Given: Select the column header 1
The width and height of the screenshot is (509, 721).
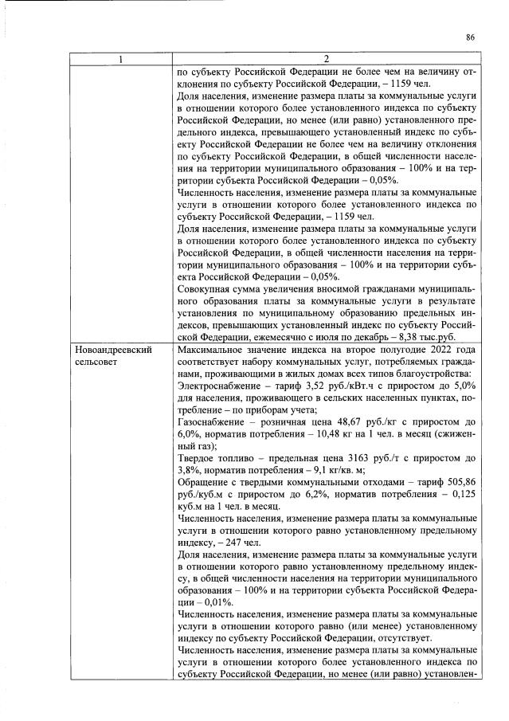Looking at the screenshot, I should tap(119, 60).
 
